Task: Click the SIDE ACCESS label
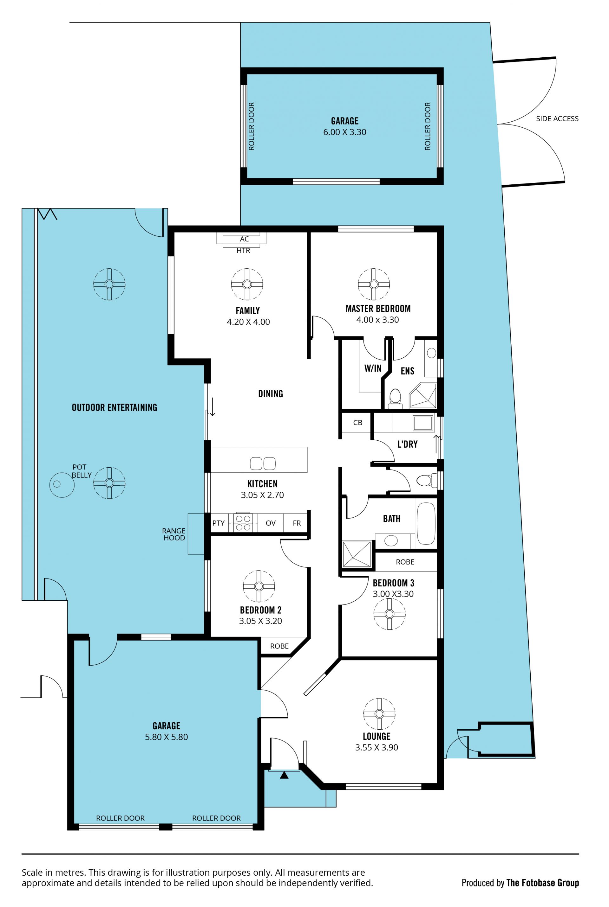tap(557, 119)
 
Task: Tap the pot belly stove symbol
tap(62, 484)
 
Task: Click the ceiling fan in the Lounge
tap(379, 713)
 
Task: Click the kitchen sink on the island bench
tap(263, 463)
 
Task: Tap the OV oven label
tap(271, 523)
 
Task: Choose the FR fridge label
tap(297, 523)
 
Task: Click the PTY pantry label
tap(218, 523)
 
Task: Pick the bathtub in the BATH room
tap(426, 523)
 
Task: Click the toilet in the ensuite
tap(395, 399)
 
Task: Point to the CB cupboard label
tap(358, 423)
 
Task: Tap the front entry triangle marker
tap(284, 775)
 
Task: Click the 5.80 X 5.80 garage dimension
tap(166, 737)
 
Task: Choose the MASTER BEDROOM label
tap(378, 309)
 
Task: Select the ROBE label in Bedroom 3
tap(405, 562)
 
